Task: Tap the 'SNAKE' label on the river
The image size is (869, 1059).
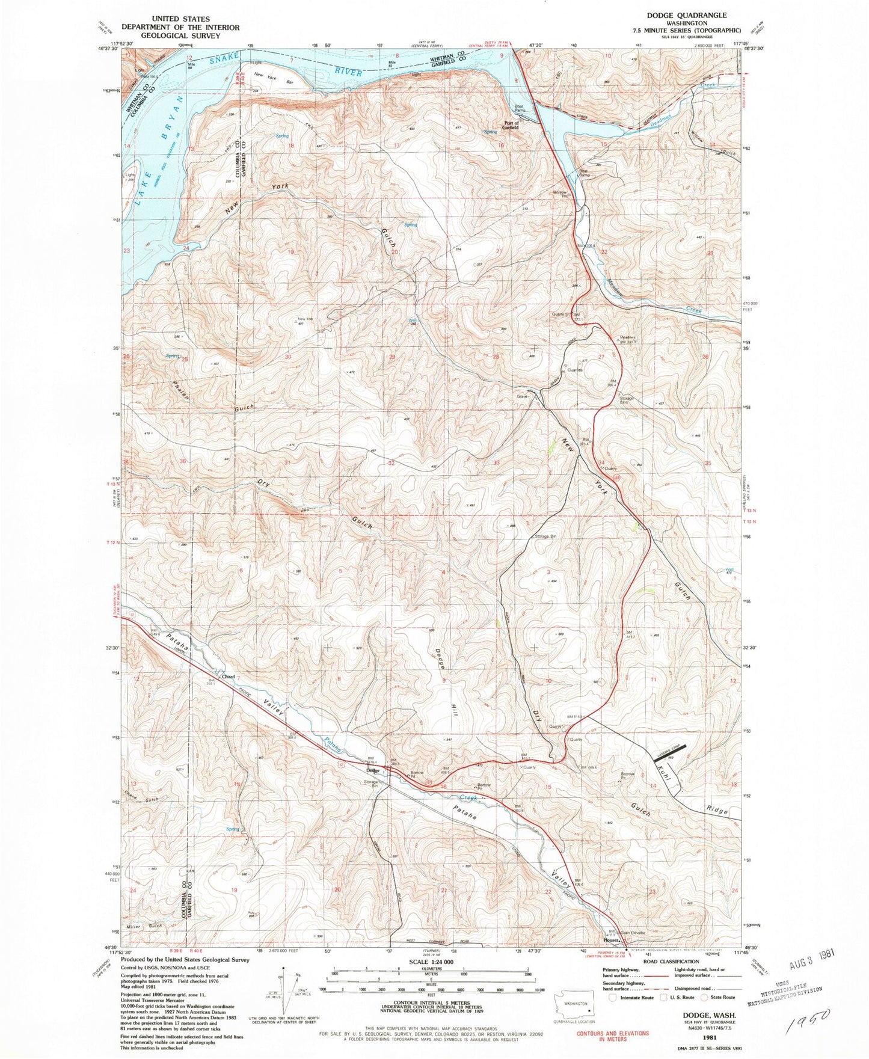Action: (x=224, y=59)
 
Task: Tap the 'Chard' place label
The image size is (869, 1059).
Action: (x=228, y=677)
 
